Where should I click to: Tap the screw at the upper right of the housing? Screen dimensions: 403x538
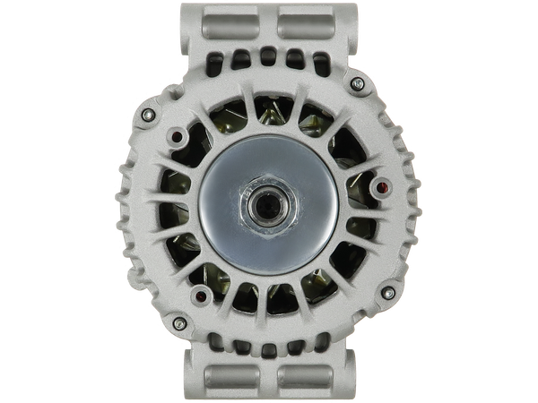[x=359, y=82]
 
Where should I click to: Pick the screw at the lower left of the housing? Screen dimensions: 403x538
[x=178, y=321]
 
